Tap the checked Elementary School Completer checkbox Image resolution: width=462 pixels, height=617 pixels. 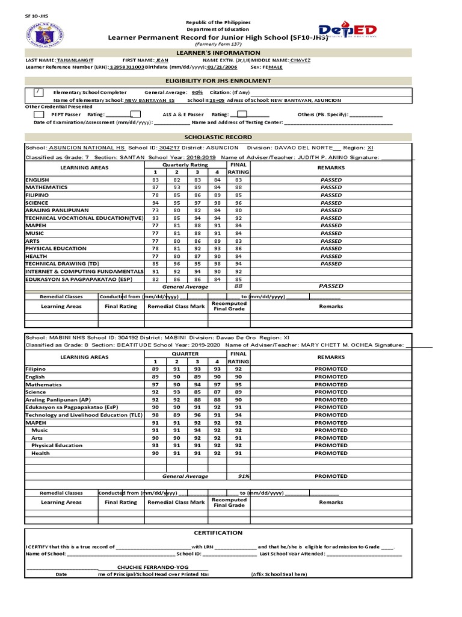point(38,92)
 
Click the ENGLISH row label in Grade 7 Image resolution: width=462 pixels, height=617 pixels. point(37,180)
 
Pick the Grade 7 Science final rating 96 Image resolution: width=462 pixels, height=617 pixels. point(238,203)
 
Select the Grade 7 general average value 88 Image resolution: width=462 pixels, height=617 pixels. point(238,287)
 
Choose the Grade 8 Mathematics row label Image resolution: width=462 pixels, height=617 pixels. point(43,384)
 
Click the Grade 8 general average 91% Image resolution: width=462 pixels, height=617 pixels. point(244,475)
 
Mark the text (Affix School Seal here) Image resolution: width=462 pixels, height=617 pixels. point(279,575)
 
